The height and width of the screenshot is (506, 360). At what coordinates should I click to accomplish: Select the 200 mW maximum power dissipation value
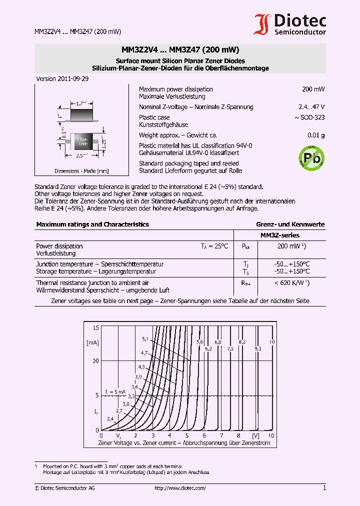tap(313, 89)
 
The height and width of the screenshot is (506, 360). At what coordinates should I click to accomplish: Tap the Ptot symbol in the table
tap(245, 246)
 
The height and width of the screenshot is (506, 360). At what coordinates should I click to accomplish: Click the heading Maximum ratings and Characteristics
tap(92, 224)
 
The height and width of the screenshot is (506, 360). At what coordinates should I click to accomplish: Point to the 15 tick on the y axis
tap(95, 327)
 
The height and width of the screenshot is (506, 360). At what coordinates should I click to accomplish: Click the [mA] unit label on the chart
tap(92, 342)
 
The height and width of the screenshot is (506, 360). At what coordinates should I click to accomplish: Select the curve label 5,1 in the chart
tap(145, 339)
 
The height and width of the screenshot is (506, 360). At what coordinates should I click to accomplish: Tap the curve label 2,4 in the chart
tap(110, 418)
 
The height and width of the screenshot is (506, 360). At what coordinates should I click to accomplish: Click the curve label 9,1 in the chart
tap(257, 348)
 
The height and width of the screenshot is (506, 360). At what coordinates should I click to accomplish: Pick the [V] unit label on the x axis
tap(256, 436)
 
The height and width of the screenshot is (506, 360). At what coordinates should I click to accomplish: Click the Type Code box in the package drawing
tap(83, 141)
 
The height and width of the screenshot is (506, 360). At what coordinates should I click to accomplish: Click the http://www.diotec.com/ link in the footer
tap(180, 488)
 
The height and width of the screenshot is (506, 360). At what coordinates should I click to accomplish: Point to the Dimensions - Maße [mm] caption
tap(81, 171)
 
